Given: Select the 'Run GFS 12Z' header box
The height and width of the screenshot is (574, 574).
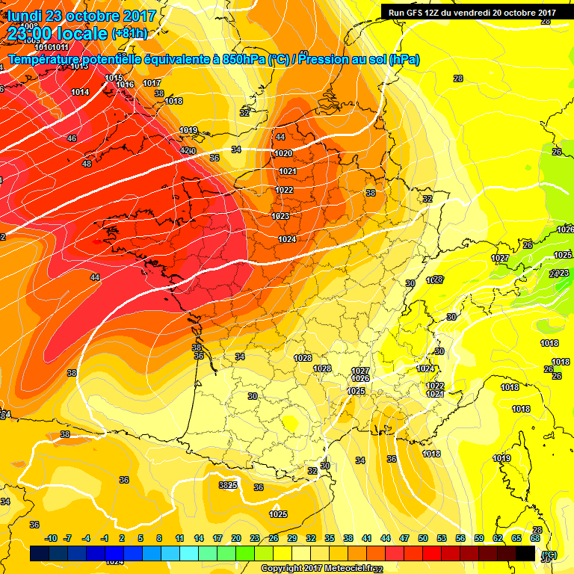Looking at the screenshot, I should (472, 12).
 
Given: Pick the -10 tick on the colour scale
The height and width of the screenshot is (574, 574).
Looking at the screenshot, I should (51, 538).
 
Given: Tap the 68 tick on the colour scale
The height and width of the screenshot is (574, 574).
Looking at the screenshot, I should (535, 538).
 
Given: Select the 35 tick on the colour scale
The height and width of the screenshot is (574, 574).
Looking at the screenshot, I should (330, 538).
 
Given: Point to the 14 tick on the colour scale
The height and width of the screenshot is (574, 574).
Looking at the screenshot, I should (199, 538).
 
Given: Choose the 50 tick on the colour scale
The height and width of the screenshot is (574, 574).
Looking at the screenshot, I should (423, 538).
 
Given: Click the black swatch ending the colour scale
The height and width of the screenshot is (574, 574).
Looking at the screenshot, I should (525, 553).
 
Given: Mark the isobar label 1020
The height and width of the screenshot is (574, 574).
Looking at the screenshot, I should (283, 153).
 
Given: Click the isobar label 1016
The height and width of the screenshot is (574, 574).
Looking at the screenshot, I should (125, 84).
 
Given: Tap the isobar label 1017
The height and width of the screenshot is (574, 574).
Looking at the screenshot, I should (152, 83).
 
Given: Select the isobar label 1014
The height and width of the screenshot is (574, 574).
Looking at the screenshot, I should (81, 92).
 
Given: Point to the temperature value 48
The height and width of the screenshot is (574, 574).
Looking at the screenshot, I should (87, 164).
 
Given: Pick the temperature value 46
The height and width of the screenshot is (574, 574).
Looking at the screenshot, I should (72, 138).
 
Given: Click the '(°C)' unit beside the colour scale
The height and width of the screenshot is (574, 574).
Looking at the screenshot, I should (550, 554).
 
